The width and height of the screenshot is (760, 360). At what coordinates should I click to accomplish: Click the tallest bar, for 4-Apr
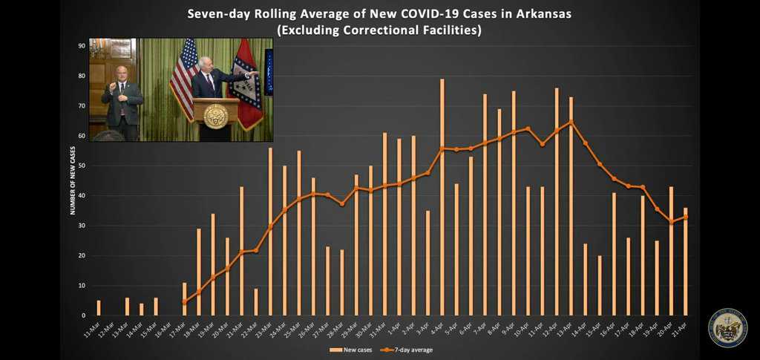click(442, 197)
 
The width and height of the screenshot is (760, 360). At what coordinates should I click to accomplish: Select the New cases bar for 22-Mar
click(256, 301)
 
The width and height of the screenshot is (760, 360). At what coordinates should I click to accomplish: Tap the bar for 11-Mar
click(99, 307)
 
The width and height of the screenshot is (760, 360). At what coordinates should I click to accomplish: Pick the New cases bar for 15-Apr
click(600, 285)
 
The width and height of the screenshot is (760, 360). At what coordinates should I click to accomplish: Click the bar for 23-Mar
click(270, 232)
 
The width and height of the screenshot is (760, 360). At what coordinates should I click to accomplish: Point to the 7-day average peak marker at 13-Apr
click(571, 122)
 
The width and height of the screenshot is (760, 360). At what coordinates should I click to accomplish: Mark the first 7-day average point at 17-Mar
click(184, 301)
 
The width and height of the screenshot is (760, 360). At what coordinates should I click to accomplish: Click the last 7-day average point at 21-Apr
click(686, 217)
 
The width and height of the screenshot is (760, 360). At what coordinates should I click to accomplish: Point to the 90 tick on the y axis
click(82, 46)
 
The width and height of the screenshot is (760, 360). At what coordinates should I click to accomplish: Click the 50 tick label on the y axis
click(82, 166)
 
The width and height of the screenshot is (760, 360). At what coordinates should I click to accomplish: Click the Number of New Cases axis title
click(73, 180)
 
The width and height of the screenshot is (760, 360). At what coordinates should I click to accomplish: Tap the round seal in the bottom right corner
click(727, 327)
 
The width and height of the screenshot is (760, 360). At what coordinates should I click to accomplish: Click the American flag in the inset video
click(183, 78)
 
